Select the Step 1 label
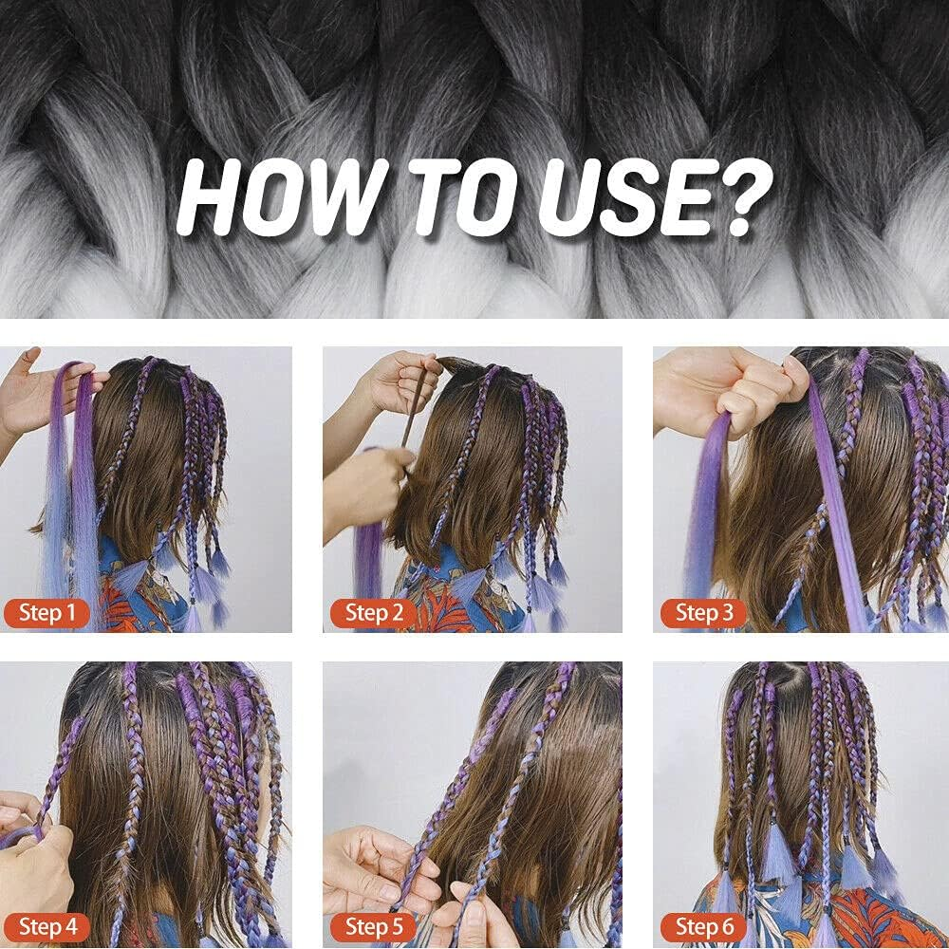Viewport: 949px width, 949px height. click(x=47, y=612)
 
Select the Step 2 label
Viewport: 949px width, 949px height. click(x=373, y=612)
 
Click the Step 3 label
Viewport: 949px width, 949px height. click(x=704, y=612)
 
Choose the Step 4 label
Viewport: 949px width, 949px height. click(x=47, y=926)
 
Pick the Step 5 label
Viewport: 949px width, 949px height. click(x=373, y=926)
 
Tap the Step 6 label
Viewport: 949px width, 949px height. click(x=704, y=926)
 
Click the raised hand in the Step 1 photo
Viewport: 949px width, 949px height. click(x=36, y=394)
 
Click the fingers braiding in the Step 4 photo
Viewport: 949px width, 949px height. click(x=30, y=860)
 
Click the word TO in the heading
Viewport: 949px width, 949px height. click(x=463, y=198)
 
